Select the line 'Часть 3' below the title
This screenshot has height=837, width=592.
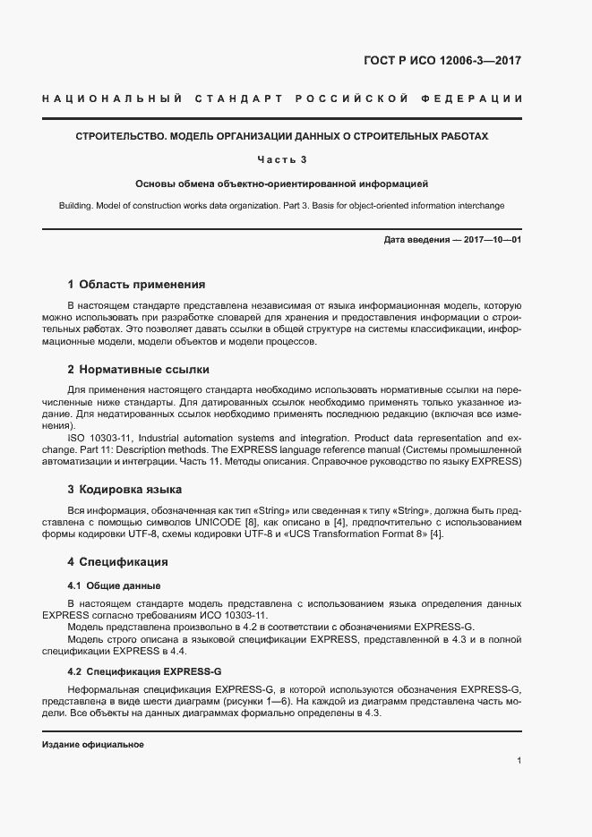tap(282, 159)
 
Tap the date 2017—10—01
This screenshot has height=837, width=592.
tap(491, 241)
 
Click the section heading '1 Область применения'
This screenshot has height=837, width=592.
tap(136, 284)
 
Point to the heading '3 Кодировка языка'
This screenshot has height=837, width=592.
tap(124, 490)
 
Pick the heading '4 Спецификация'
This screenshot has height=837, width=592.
tap(118, 562)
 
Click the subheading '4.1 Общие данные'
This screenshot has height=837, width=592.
tap(114, 585)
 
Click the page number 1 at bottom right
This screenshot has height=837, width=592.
tap(519, 761)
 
